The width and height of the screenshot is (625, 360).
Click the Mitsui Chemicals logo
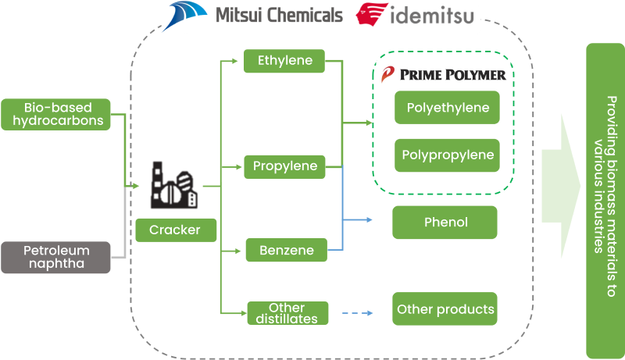(x=254, y=15)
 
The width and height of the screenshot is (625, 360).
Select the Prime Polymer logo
(x=442, y=75)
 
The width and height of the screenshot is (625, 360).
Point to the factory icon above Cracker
(x=171, y=185)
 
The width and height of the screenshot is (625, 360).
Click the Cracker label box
(x=175, y=230)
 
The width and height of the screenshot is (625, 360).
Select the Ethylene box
(x=284, y=60)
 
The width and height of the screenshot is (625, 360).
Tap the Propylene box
(x=284, y=166)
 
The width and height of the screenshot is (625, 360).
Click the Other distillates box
(x=287, y=313)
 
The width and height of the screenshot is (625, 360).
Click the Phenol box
(x=445, y=223)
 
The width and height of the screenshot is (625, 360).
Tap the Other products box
(x=445, y=309)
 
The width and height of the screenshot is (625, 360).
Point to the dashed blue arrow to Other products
(x=359, y=313)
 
